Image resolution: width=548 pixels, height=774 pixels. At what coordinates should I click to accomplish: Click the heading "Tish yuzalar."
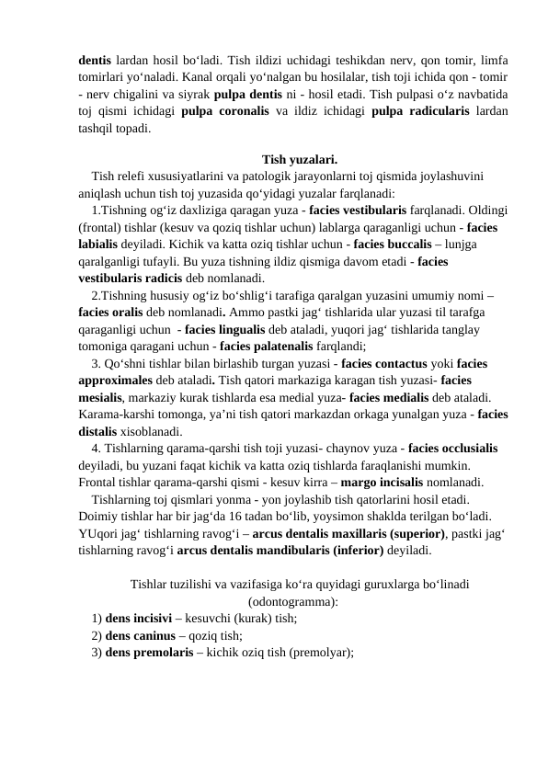pyautogui.click(x=299, y=157)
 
